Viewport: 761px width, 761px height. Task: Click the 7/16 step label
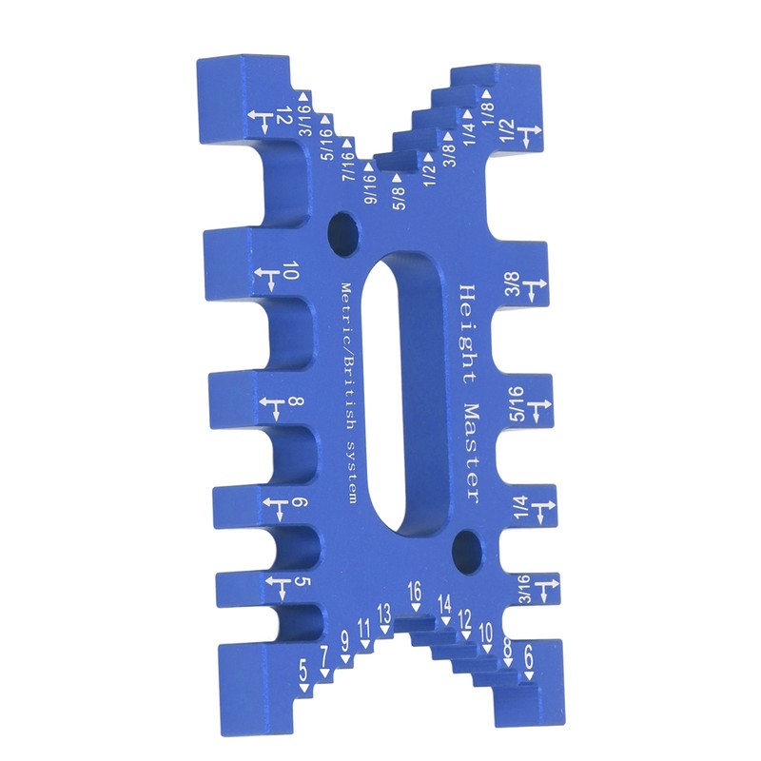[x=349, y=166]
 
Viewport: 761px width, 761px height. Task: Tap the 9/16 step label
[x=371, y=189]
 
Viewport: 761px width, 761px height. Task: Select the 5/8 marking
[x=399, y=198]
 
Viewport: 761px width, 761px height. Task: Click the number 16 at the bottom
[x=415, y=591]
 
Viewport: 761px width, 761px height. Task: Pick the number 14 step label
[x=444, y=605]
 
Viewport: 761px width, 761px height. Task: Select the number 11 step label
[x=364, y=629]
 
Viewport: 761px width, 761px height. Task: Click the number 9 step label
[x=345, y=643]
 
